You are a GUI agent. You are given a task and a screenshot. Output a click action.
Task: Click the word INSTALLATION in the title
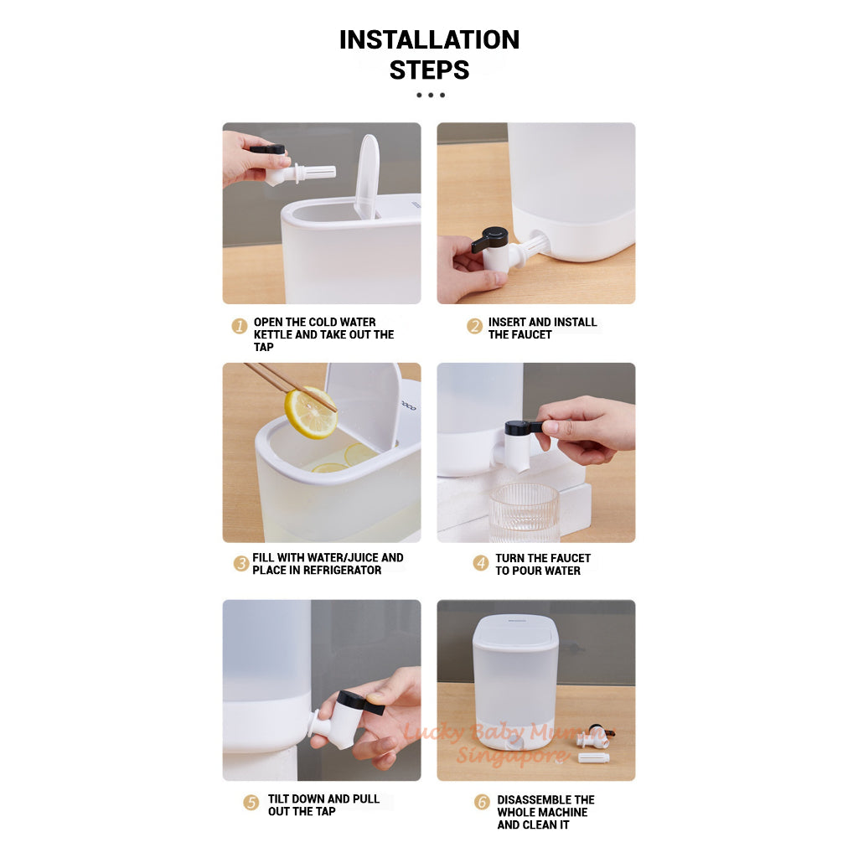click(x=429, y=39)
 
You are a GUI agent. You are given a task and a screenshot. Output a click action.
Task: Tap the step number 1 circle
click(x=240, y=326)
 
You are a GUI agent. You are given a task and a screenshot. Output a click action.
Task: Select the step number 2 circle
click(x=475, y=326)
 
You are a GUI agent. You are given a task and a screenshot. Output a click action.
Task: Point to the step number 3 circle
click(x=240, y=564)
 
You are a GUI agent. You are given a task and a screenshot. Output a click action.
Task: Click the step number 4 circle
click(x=481, y=563)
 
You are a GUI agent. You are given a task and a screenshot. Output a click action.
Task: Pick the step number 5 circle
click(x=251, y=803)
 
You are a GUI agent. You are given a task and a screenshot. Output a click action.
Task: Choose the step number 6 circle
click(x=482, y=803)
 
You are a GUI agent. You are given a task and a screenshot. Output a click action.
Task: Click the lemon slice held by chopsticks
click(x=309, y=412)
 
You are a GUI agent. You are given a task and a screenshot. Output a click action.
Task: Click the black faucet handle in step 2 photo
click(x=491, y=240)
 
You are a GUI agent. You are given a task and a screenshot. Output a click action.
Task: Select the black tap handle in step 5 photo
click(x=360, y=702)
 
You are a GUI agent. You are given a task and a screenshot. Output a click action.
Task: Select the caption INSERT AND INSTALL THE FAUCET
click(x=542, y=328)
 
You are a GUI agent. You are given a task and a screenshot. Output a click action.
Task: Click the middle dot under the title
click(x=431, y=95)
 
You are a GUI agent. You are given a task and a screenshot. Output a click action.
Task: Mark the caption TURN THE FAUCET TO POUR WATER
click(x=542, y=564)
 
